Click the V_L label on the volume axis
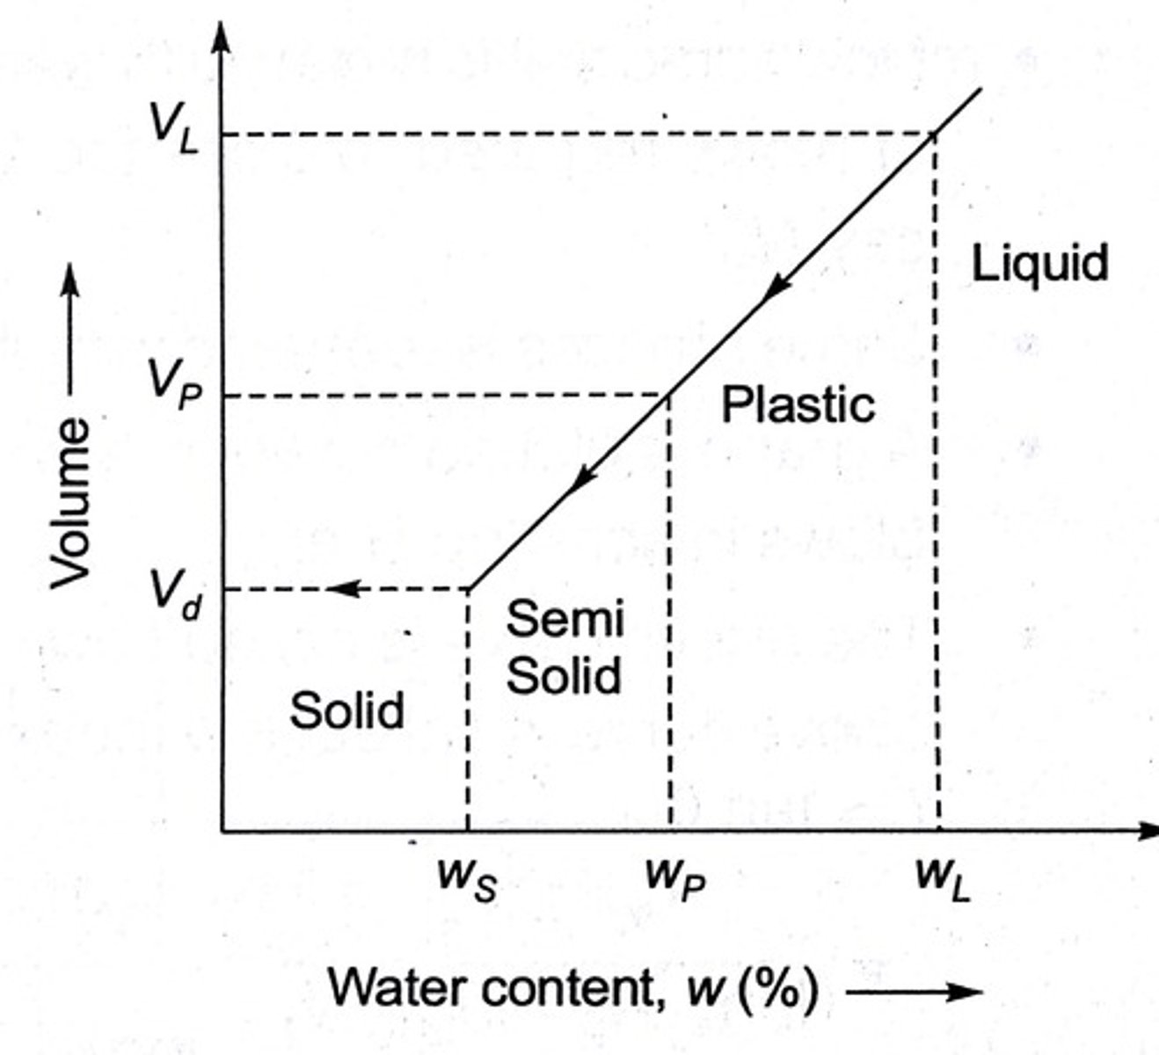click(175, 129)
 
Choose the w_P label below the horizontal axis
click(674, 878)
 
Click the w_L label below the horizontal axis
click(942, 878)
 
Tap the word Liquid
click(1039, 263)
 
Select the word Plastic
click(798, 405)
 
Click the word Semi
click(565, 618)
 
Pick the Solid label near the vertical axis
click(347, 709)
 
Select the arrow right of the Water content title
click(915, 992)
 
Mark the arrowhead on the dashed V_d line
click(343, 588)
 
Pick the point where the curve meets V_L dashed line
click(934, 134)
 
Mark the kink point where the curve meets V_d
click(469, 588)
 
